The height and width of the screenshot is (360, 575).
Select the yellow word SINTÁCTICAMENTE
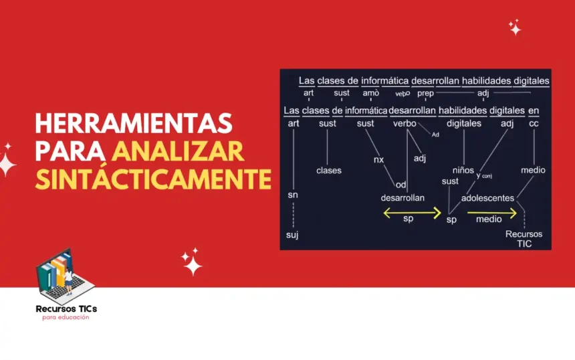click(x=153, y=179)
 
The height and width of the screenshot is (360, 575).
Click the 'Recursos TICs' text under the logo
click(x=66, y=308)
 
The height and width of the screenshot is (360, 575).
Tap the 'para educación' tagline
click(x=66, y=317)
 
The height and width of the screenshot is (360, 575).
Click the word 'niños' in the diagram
click(x=463, y=170)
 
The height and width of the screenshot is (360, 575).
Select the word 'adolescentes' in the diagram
click(x=487, y=198)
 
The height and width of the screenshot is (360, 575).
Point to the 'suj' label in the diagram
click(x=292, y=235)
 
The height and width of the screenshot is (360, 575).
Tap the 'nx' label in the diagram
click(x=378, y=160)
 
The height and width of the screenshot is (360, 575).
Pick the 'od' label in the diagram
click(x=401, y=185)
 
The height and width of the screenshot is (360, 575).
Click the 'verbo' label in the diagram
click(x=405, y=124)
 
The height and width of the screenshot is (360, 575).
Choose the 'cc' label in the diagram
click(x=534, y=124)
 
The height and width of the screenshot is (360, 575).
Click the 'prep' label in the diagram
click(x=425, y=93)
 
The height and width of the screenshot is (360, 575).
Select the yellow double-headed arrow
click(x=412, y=213)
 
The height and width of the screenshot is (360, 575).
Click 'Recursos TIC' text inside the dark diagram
click(x=524, y=239)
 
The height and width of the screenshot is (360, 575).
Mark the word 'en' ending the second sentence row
click(x=534, y=110)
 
